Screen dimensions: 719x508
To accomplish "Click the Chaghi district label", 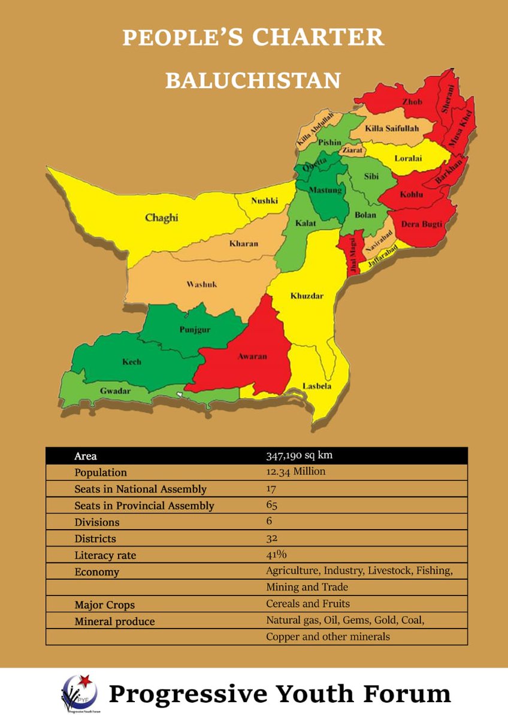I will coord(162,218).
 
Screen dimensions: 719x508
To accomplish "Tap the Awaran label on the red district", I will coord(252,357).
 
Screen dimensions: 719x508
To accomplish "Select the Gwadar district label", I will coord(115,391).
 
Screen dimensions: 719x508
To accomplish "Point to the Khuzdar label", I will coord(307,296).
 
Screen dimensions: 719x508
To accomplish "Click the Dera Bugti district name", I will coord(422,224).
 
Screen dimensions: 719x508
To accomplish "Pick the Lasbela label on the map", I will coord(316,386).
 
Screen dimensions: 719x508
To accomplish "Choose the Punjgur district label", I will coord(194,330).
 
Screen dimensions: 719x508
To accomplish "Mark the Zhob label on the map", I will coord(412,102).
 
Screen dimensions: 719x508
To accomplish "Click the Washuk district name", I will coord(202,285).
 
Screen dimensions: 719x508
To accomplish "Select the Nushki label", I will coord(264,201).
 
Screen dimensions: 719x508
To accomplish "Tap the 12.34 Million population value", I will coord(295,472).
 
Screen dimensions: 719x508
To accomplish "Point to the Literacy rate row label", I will coord(105,555).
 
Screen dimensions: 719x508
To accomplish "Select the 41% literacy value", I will coord(276,554).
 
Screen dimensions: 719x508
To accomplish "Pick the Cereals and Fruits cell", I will coord(308,603).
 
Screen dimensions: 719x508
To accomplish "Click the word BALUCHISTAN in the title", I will coord(253,80).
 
